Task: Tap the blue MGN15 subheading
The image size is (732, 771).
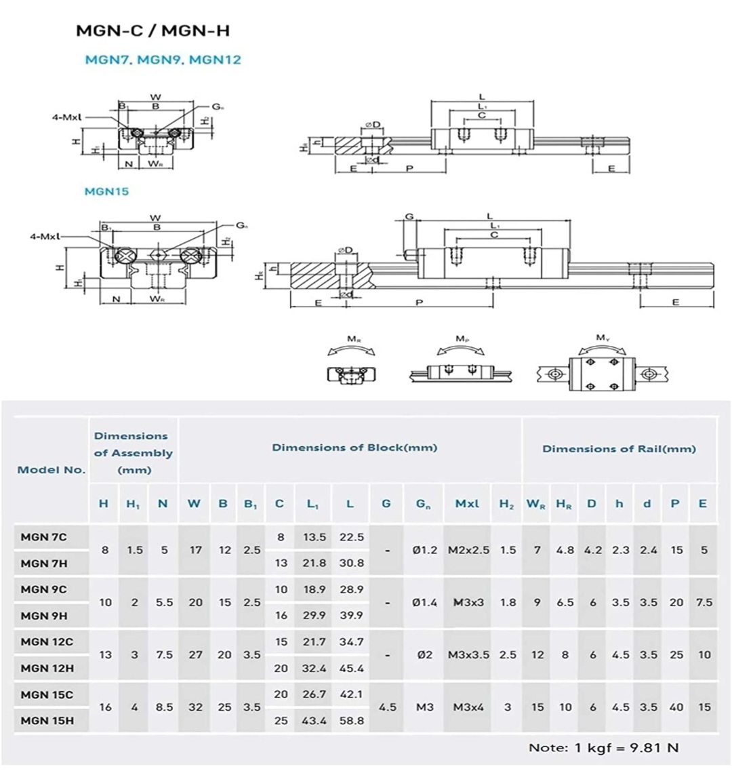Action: coord(106,191)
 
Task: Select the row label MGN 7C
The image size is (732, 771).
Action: coord(44,537)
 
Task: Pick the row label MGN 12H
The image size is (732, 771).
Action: coord(47,668)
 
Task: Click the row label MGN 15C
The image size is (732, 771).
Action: coord(47,694)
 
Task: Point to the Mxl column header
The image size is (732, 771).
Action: coord(467,503)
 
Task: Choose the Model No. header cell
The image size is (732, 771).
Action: coord(52,469)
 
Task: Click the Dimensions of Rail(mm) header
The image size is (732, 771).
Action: coord(619,448)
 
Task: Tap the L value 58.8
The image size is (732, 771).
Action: coord(350,720)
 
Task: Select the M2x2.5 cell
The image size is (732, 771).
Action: coord(468,550)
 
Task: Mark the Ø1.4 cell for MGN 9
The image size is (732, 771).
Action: coord(424,602)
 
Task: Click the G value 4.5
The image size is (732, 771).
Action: coord(387,707)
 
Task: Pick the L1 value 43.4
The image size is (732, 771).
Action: coord(314,720)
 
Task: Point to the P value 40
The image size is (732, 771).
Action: coord(676,707)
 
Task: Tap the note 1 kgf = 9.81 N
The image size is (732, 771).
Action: coord(603,747)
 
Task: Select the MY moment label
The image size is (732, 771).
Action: coord(602,338)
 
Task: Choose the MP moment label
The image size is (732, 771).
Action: coord(462,338)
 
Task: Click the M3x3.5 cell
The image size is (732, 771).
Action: coord(468,654)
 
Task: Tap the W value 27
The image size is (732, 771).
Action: coord(195,654)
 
